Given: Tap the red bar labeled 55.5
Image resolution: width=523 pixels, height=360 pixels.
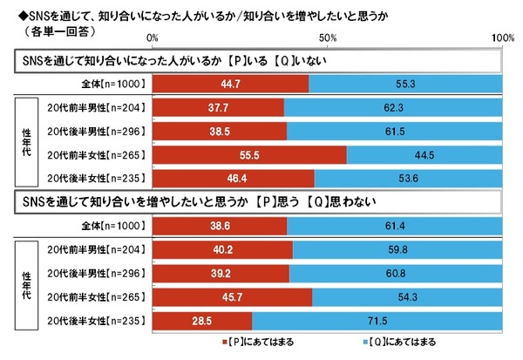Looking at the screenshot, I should coord(249,154).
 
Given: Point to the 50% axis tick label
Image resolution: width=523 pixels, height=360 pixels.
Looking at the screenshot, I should coord(328,38).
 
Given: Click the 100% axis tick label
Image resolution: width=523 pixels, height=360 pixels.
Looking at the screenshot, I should coord(503,38).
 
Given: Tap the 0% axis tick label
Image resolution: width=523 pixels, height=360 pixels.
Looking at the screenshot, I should coord(153,38).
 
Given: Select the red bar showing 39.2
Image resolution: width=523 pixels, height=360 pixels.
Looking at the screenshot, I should coord(221,271).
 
